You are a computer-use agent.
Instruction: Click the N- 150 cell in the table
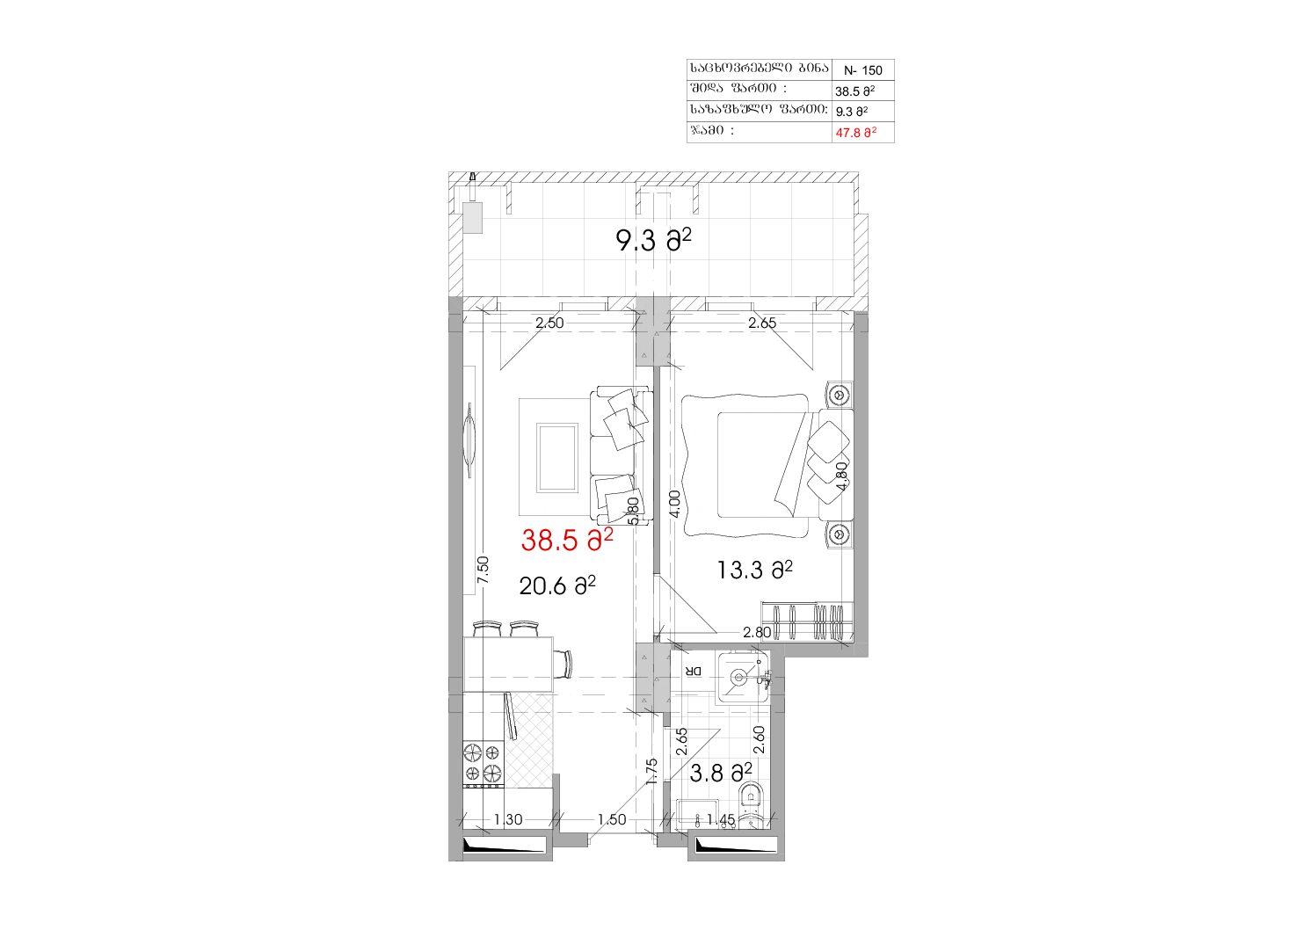(863, 70)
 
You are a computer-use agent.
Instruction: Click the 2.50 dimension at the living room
(549, 323)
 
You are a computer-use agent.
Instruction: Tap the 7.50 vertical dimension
(483, 570)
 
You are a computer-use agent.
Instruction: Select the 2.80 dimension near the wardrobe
(757, 633)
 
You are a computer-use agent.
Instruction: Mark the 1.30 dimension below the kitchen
(507, 819)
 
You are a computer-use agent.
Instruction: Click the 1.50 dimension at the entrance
(612, 819)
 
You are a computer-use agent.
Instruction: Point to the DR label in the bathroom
(694, 671)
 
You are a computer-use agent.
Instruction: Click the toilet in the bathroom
(752, 809)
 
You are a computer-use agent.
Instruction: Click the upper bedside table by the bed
(840, 394)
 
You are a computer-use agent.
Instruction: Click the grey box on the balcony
(472, 218)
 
